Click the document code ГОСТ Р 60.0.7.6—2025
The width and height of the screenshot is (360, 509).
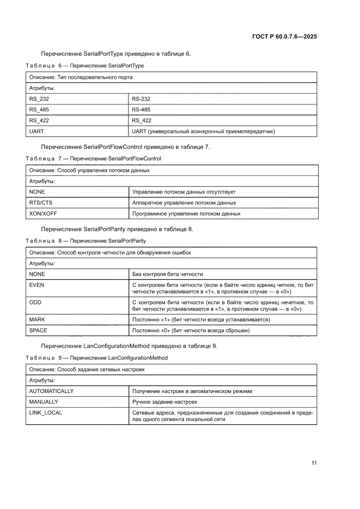point(284,37)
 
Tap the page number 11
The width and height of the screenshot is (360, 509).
point(313,463)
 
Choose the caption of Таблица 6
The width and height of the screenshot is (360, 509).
point(84,66)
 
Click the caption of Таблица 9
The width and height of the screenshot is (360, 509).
point(96,358)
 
